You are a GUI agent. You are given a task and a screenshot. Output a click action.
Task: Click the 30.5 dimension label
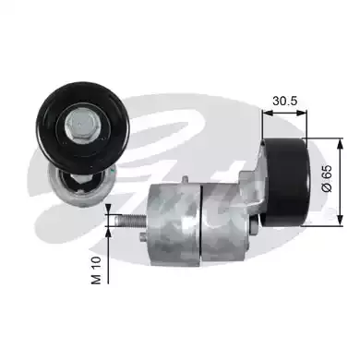pos(284,101)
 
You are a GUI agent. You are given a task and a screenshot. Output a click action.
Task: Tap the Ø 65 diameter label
pos(327,178)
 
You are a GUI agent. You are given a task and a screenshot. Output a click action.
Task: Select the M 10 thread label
pos(97,270)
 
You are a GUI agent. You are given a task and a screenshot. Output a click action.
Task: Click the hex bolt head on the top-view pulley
pos(80,125)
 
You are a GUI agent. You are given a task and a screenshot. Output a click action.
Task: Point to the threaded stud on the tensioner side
pos(129,221)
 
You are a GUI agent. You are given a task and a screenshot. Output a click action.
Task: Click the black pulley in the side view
pos(286,182)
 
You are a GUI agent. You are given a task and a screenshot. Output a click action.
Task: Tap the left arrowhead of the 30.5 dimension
pos(268,113)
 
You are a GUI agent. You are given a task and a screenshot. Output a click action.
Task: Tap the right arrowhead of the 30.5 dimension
pos(302,113)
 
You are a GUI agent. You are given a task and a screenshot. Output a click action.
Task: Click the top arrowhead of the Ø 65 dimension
pos(340,144)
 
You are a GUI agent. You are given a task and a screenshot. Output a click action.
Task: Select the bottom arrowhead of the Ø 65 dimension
pos(340,221)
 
